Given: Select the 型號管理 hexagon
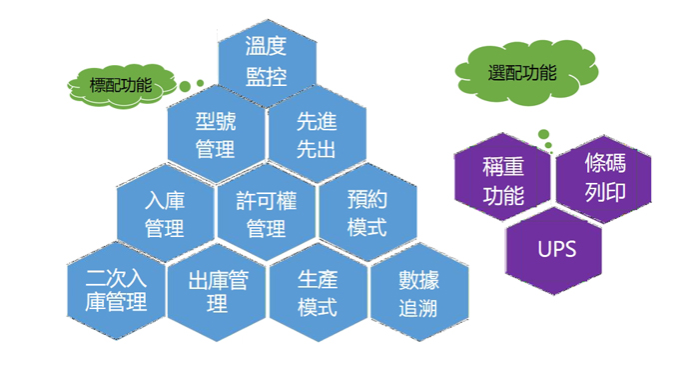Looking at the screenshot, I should coord(216,135).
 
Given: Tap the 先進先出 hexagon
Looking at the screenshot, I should coord(317,135).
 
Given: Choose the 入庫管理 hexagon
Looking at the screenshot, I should coord(165,213).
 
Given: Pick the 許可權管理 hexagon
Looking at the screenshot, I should coord(267,213).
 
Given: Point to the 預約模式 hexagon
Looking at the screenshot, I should coord(367,213).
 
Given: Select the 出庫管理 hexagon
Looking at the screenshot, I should coord(217,289).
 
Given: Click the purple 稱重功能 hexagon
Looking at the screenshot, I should coord(502,180).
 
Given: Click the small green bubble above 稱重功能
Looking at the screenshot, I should coord(544,134).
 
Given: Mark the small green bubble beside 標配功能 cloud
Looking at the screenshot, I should coord(200,83).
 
